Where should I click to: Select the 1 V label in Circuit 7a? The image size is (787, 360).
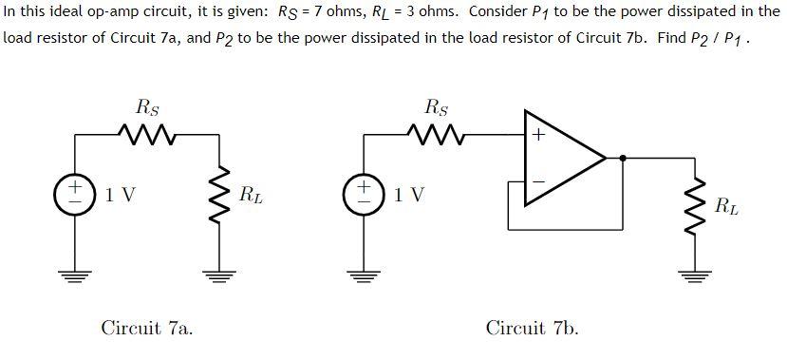pos(121,195)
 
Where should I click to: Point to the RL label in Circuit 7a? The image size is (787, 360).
pos(252,197)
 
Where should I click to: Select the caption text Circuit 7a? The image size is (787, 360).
pos(147,328)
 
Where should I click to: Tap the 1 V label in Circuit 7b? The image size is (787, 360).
pos(410,195)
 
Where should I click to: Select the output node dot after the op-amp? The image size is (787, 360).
pos(622,158)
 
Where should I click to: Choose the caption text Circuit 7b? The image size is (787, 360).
pos(532,328)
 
